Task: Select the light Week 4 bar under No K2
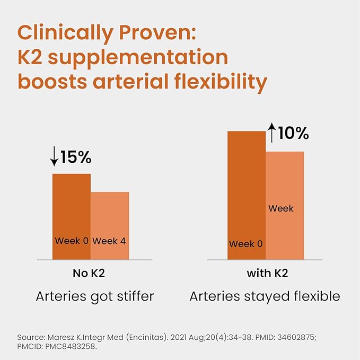[x=110, y=225]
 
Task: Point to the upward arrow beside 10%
[x=271, y=133]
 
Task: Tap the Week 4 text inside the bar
[x=109, y=241]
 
